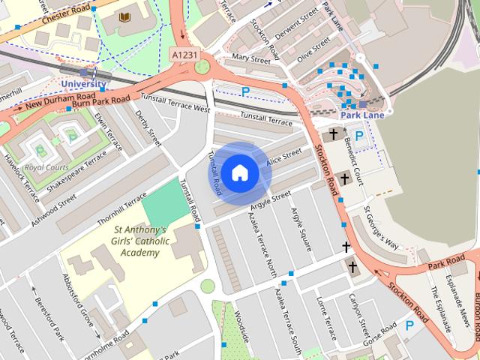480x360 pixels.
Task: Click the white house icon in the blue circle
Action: [x=239, y=173]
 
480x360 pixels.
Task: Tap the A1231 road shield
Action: [x=184, y=54]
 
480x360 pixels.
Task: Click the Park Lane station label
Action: [x=361, y=115]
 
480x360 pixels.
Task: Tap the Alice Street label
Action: [x=283, y=157]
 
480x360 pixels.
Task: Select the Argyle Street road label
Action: [x=270, y=199]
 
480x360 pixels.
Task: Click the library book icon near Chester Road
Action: [x=125, y=16]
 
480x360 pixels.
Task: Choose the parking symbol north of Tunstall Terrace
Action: [x=244, y=91]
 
